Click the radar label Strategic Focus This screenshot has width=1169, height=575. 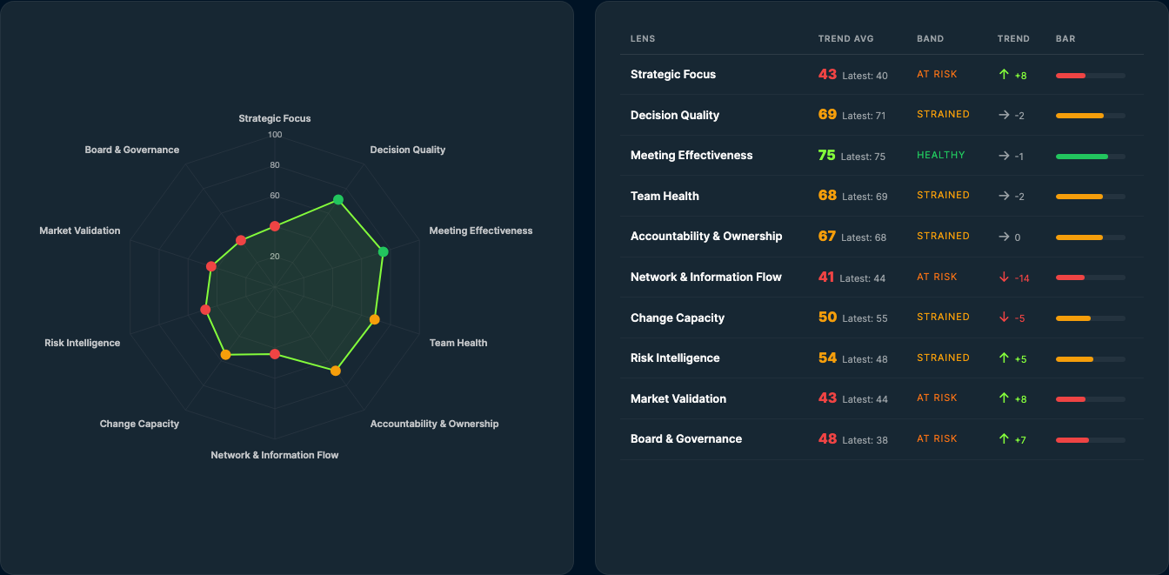point(275,118)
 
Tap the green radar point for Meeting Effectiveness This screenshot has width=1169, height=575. point(384,251)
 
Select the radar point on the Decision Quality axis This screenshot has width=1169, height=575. point(338,200)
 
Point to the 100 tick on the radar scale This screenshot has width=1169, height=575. point(275,135)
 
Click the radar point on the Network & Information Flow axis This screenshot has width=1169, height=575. point(275,354)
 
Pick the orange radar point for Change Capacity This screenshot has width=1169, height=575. point(226,354)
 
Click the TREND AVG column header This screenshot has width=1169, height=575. point(845,39)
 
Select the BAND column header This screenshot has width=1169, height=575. point(930,39)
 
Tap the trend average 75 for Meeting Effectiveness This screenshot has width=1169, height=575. point(826,156)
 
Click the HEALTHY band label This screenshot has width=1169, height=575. point(940,155)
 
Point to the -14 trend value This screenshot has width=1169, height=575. point(1022,278)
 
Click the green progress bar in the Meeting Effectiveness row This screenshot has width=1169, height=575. point(1081,157)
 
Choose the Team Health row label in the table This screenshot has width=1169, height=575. point(665,196)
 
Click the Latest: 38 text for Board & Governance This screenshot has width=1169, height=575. point(865,440)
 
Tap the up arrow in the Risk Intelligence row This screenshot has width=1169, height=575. point(1004,358)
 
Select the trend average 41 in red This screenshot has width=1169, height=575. point(825,277)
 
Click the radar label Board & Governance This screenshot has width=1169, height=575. point(132,150)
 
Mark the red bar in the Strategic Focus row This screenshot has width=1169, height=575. point(1071,76)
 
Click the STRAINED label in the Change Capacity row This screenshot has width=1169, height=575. point(943,317)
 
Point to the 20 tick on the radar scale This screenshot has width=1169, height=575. point(275,257)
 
